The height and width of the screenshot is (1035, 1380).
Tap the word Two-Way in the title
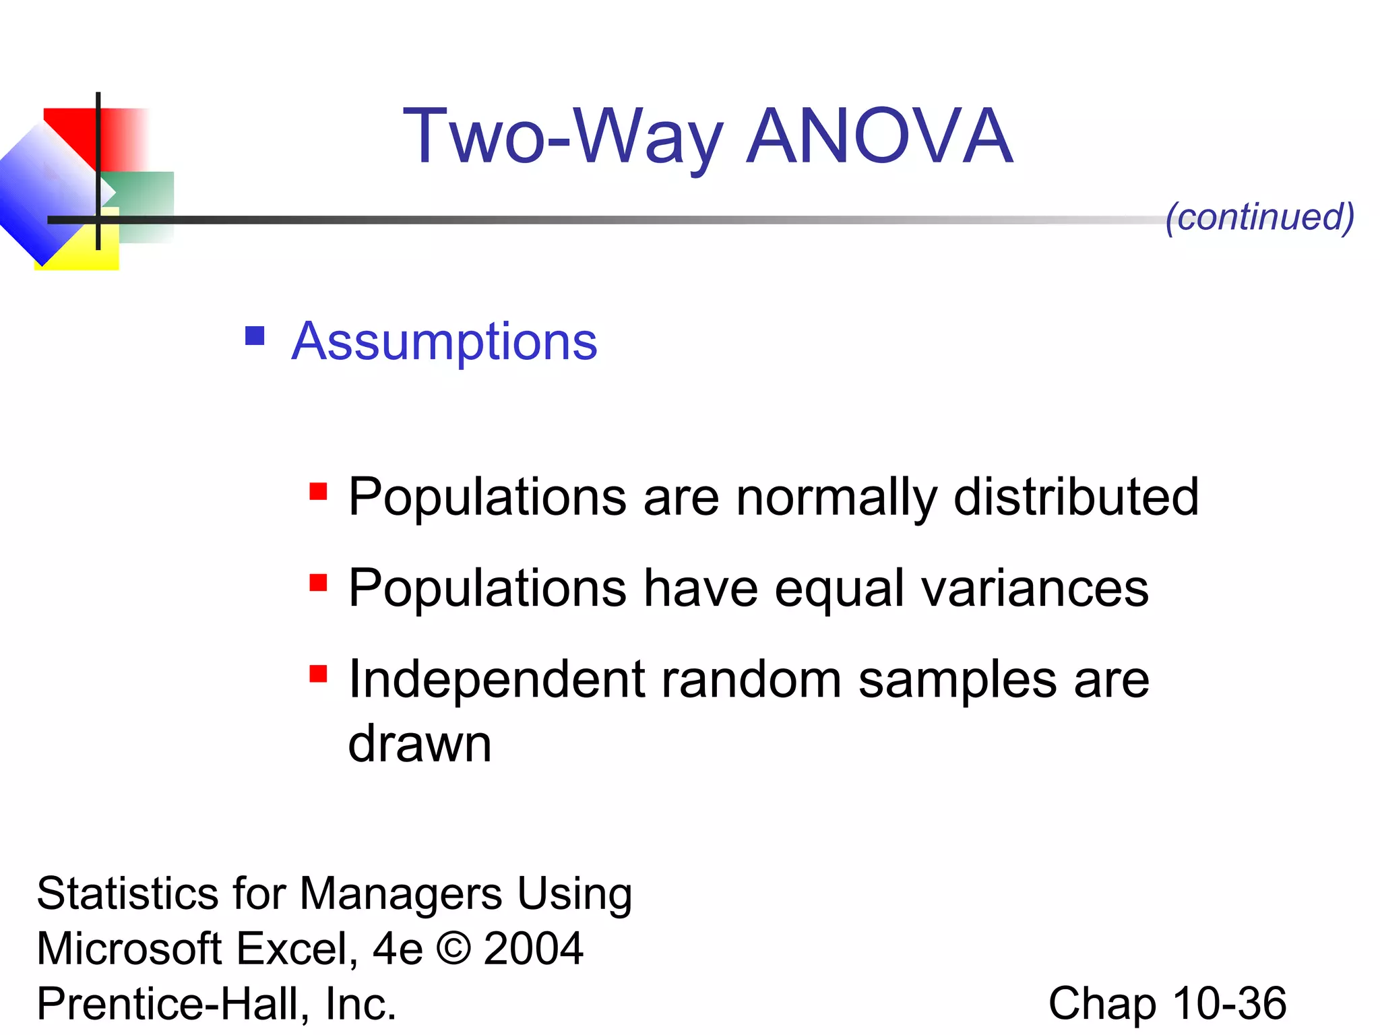(563, 138)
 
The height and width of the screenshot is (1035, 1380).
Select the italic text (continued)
(1259, 217)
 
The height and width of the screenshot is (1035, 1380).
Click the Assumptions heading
(444, 342)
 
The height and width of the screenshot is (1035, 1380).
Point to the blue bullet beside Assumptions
(255, 336)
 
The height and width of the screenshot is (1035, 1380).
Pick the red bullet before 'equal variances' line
(318, 582)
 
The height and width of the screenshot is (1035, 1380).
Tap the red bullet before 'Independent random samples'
(318, 673)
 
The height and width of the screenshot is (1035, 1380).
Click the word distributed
(1076, 497)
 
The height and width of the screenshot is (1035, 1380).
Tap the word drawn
(420, 744)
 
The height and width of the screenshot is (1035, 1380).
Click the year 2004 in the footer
(533, 949)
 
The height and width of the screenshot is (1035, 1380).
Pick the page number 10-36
(1229, 1003)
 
